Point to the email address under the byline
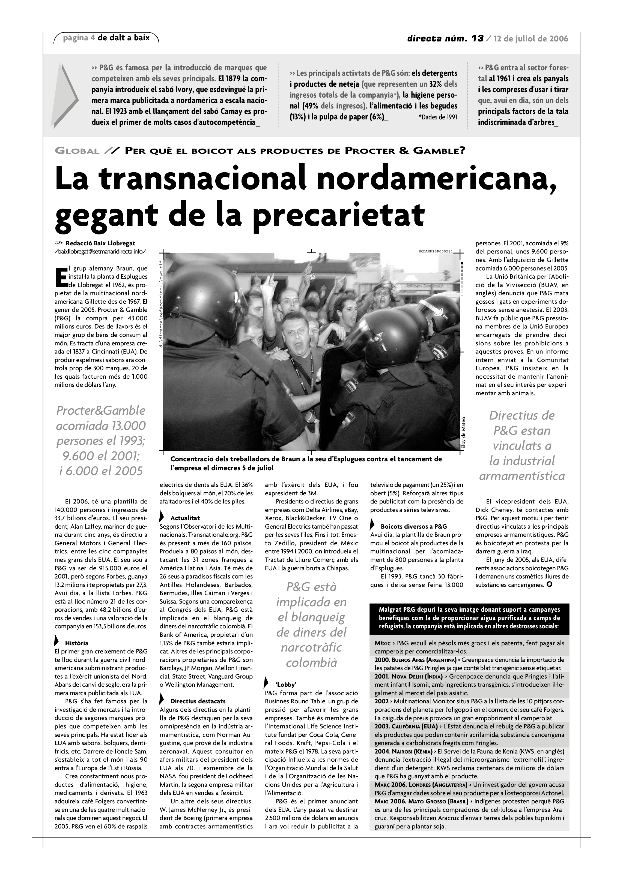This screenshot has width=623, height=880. click(100, 251)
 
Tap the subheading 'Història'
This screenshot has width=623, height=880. click(76, 643)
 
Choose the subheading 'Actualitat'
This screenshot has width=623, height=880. click(185, 518)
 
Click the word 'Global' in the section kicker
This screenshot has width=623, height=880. click(77, 151)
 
